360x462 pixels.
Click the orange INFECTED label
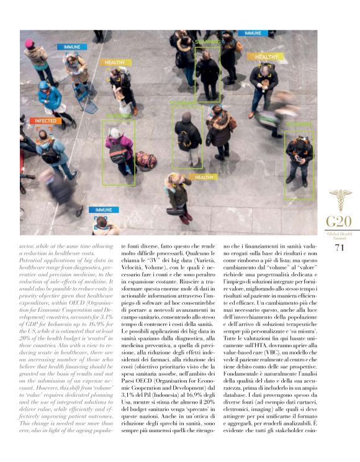pyautogui.click(x=45, y=121)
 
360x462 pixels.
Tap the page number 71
pyautogui.click(x=339, y=248)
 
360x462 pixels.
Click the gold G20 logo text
pyautogui.click(x=339, y=222)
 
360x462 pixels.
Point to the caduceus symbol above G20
pyautogui.click(x=340, y=200)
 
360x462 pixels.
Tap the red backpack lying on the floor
pyautogui.click(x=146, y=160)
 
